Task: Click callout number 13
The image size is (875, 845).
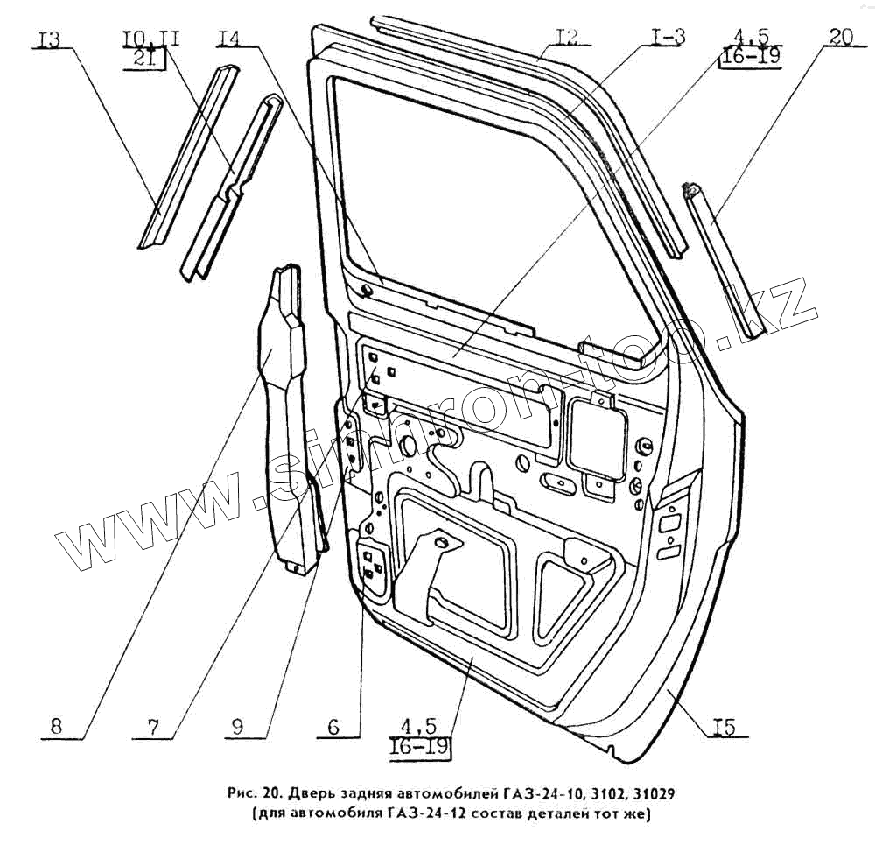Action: click(x=50, y=40)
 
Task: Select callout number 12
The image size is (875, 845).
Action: click(x=567, y=37)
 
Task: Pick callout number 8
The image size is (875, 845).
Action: click(x=56, y=726)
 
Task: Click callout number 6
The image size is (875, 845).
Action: click(x=332, y=726)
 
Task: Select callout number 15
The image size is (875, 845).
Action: click(x=724, y=726)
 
